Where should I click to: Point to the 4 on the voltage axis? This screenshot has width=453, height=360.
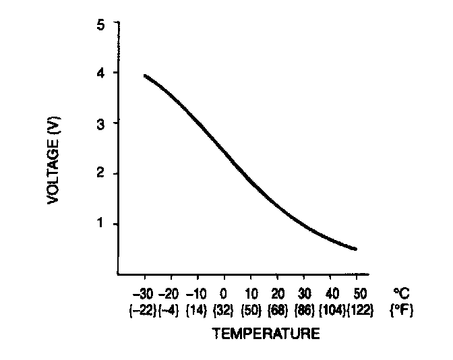101,73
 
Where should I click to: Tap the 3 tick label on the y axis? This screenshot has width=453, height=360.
101,123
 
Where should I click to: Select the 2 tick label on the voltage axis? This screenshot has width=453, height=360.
101,174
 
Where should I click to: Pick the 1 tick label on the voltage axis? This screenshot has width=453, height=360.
101,224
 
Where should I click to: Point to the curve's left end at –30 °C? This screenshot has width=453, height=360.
145,76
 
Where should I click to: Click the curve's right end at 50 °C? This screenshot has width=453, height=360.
356,249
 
